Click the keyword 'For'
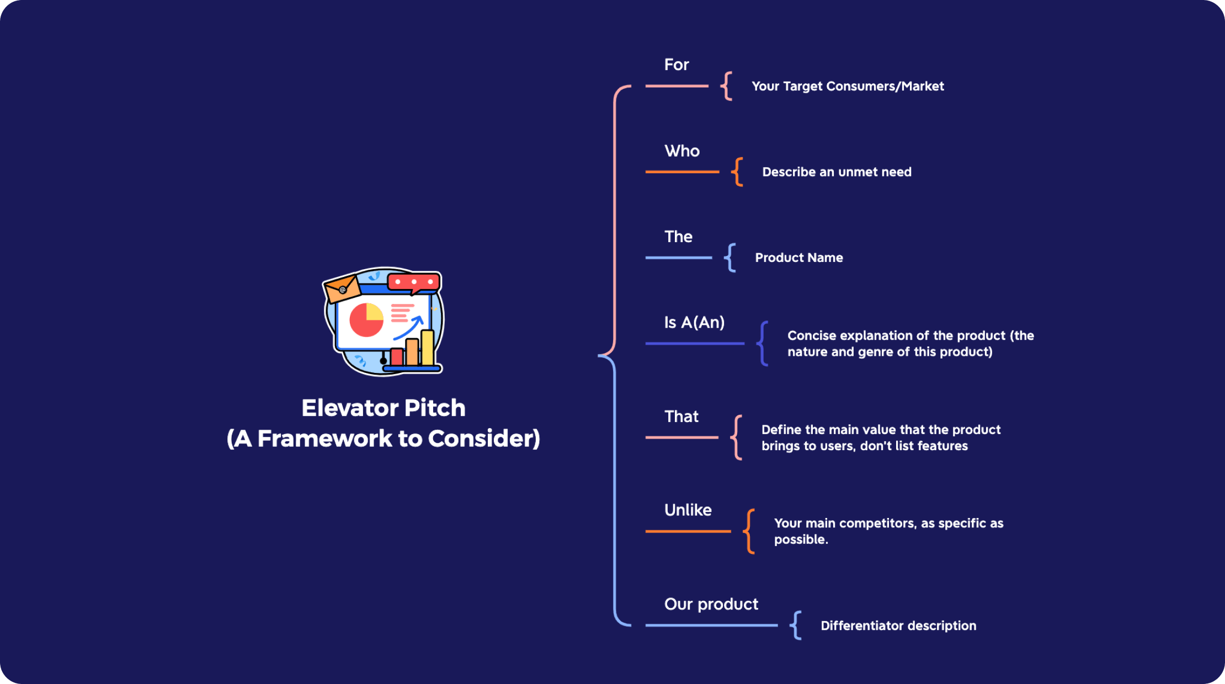tap(677, 65)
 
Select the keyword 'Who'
tap(682, 151)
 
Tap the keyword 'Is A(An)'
tap(694, 322)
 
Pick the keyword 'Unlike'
tap(688, 510)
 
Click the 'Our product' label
tap(711, 604)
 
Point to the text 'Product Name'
tap(798, 258)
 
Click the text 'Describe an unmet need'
tap(836, 172)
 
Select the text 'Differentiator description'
tap(898, 626)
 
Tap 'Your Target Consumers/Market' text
tap(847, 86)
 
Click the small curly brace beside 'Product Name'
tap(730, 258)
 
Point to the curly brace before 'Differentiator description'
tap(796, 625)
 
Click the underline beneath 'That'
tap(681, 437)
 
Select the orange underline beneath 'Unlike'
tap(688, 531)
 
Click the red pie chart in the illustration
tap(365, 321)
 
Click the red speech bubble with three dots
tap(414, 282)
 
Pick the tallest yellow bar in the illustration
tap(427, 348)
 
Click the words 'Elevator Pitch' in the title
tap(383, 408)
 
